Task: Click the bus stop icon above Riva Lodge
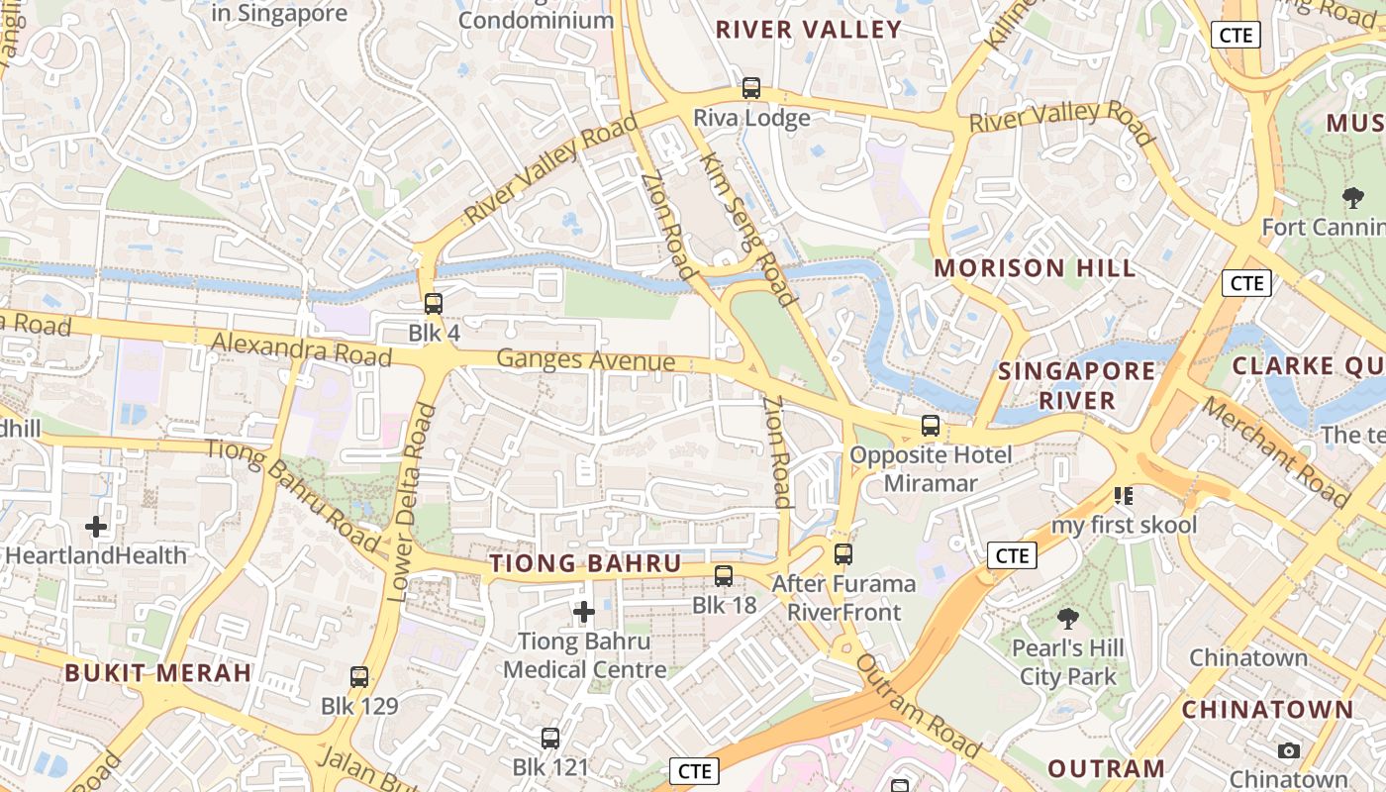pyautogui.click(x=751, y=88)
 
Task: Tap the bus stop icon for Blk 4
pyautogui.click(x=434, y=304)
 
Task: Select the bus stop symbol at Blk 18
pyautogui.click(x=724, y=575)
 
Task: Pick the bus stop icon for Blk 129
pyautogui.click(x=359, y=677)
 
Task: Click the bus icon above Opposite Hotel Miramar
pyautogui.click(x=931, y=426)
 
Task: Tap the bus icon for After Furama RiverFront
pyautogui.click(x=843, y=554)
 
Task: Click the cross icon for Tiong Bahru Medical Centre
pyautogui.click(x=584, y=613)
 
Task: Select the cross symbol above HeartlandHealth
pyautogui.click(x=96, y=527)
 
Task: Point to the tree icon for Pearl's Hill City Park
pyautogui.click(x=1067, y=620)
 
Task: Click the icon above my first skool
pyautogui.click(x=1124, y=495)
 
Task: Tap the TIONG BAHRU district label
pyautogui.click(x=586, y=564)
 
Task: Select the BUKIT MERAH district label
pyautogui.click(x=158, y=673)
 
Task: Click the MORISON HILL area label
pyautogui.click(x=1035, y=268)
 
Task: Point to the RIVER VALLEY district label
pyautogui.click(x=809, y=30)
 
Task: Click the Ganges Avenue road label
pyautogui.click(x=586, y=360)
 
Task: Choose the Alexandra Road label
pyautogui.click(x=302, y=347)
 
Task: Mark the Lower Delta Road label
pyautogui.click(x=410, y=502)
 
